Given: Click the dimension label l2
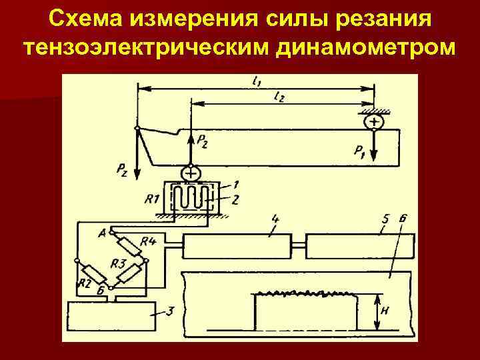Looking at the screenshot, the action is click(279, 97).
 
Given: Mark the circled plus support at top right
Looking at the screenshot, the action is click(374, 122).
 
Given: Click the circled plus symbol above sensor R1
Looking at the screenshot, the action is click(191, 173).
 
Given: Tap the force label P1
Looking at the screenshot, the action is click(360, 152).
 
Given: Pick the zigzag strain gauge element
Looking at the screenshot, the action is click(193, 198).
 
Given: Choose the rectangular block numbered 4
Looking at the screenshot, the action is click(237, 247).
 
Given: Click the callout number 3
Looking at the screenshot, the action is click(171, 311).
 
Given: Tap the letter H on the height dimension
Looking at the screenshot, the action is click(385, 311).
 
